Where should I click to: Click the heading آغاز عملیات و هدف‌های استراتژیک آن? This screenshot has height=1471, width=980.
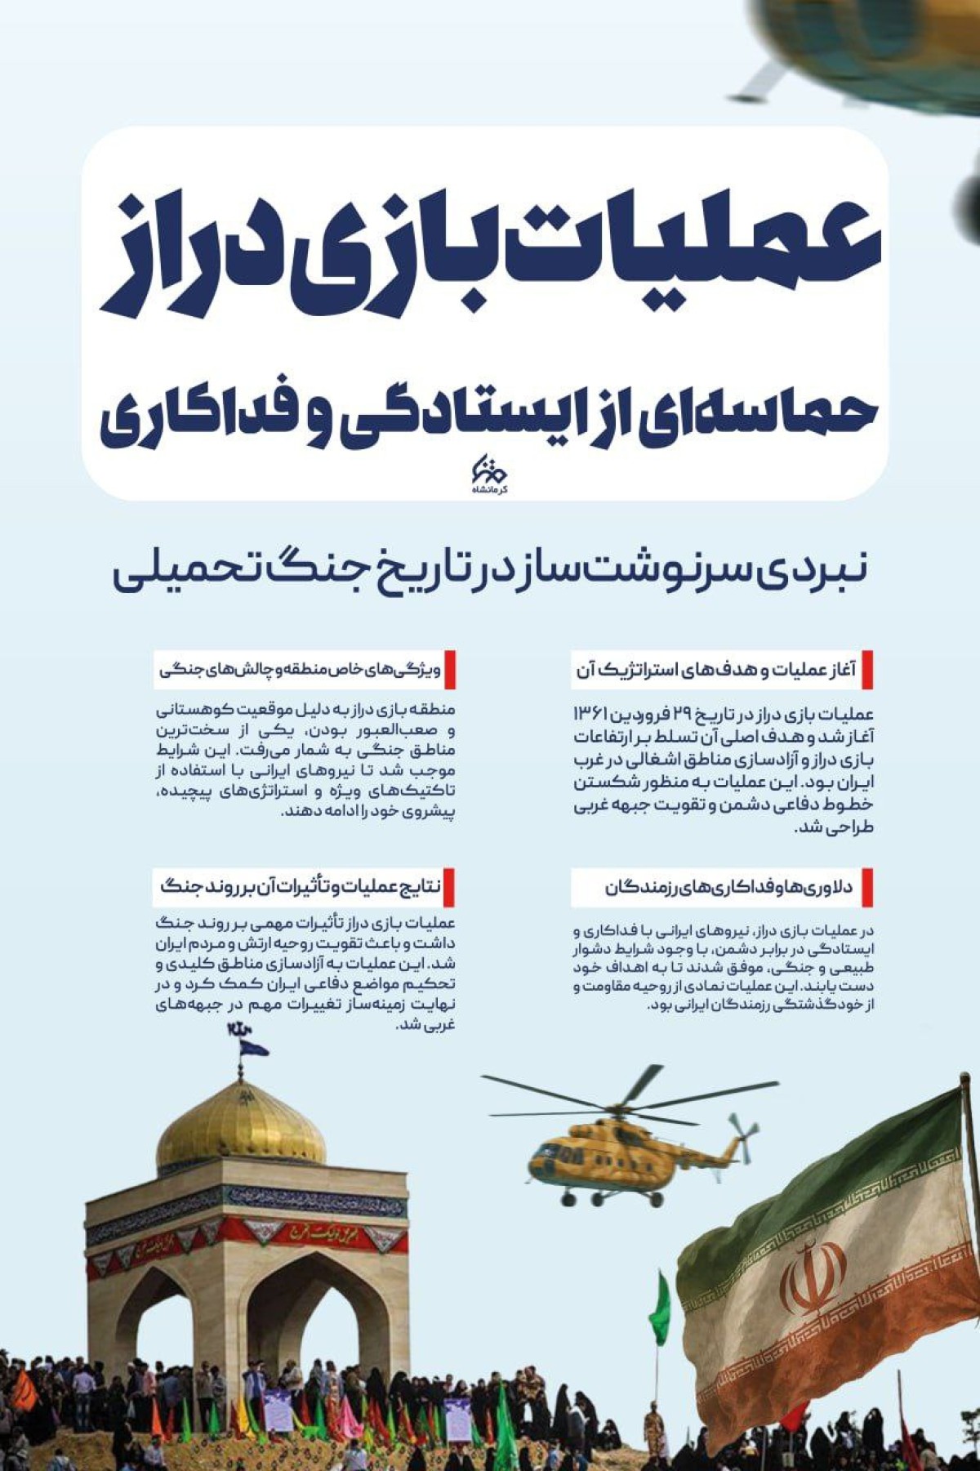715,670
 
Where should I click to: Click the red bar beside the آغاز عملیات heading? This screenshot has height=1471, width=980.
867,670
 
